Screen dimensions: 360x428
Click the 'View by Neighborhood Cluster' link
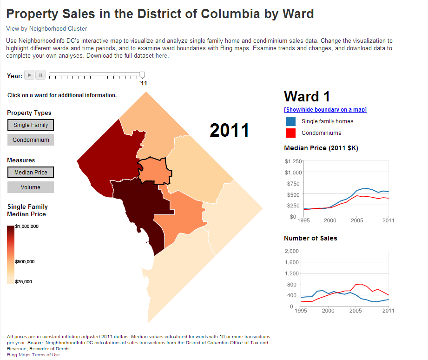[x=46, y=28]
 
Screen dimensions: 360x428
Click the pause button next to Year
[x=40, y=75]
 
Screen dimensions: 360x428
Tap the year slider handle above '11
[x=142, y=74]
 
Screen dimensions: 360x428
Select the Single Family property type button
[x=31, y=125]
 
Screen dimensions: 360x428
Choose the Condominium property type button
[x=31, y=140]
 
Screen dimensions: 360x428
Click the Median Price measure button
[x=31, y=173]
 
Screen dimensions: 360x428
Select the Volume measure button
[x=31, y=187]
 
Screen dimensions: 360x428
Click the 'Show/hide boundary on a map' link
[x=325, y=110]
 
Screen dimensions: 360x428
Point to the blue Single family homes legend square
[x=291, y=121]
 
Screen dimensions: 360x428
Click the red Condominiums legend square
[x=291, y=133]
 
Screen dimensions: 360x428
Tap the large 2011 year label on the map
[x=230, y=130]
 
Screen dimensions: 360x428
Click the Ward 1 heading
[x=307, y=96]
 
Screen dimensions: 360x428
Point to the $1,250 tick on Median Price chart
[x=293, y=161]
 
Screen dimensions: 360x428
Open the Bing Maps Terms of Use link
[x=33, y=355]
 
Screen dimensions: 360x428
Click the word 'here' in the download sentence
[x=161, y=56]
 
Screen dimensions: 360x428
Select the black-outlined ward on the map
[x=155, y=170]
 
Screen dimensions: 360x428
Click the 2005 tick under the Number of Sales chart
[x=356, y=311]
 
